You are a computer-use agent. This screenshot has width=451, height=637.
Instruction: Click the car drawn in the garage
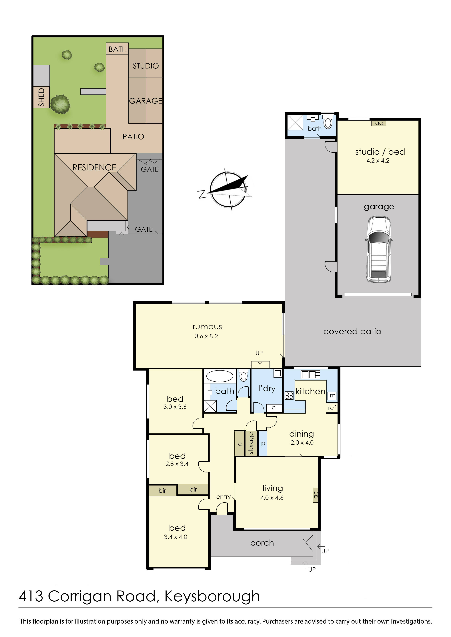coord(379,250)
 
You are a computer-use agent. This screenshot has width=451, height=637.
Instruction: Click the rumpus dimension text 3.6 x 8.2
coord(206,336)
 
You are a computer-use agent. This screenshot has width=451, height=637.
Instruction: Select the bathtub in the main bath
coord(220,377)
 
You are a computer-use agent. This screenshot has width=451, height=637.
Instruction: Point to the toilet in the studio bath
coord(328,122)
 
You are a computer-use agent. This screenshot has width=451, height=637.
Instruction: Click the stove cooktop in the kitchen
coord(289,396)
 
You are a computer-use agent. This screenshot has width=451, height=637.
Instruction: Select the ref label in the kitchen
coord(332,408)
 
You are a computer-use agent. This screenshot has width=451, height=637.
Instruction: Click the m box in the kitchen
coord(332,396)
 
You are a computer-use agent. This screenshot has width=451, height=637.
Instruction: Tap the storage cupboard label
coord(251,443)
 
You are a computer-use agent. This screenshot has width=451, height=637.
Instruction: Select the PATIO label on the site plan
coord(133,137)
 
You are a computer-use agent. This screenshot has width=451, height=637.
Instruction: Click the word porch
coord(262,543)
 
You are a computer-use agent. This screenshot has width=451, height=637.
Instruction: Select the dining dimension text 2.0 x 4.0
coord(302,442)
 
